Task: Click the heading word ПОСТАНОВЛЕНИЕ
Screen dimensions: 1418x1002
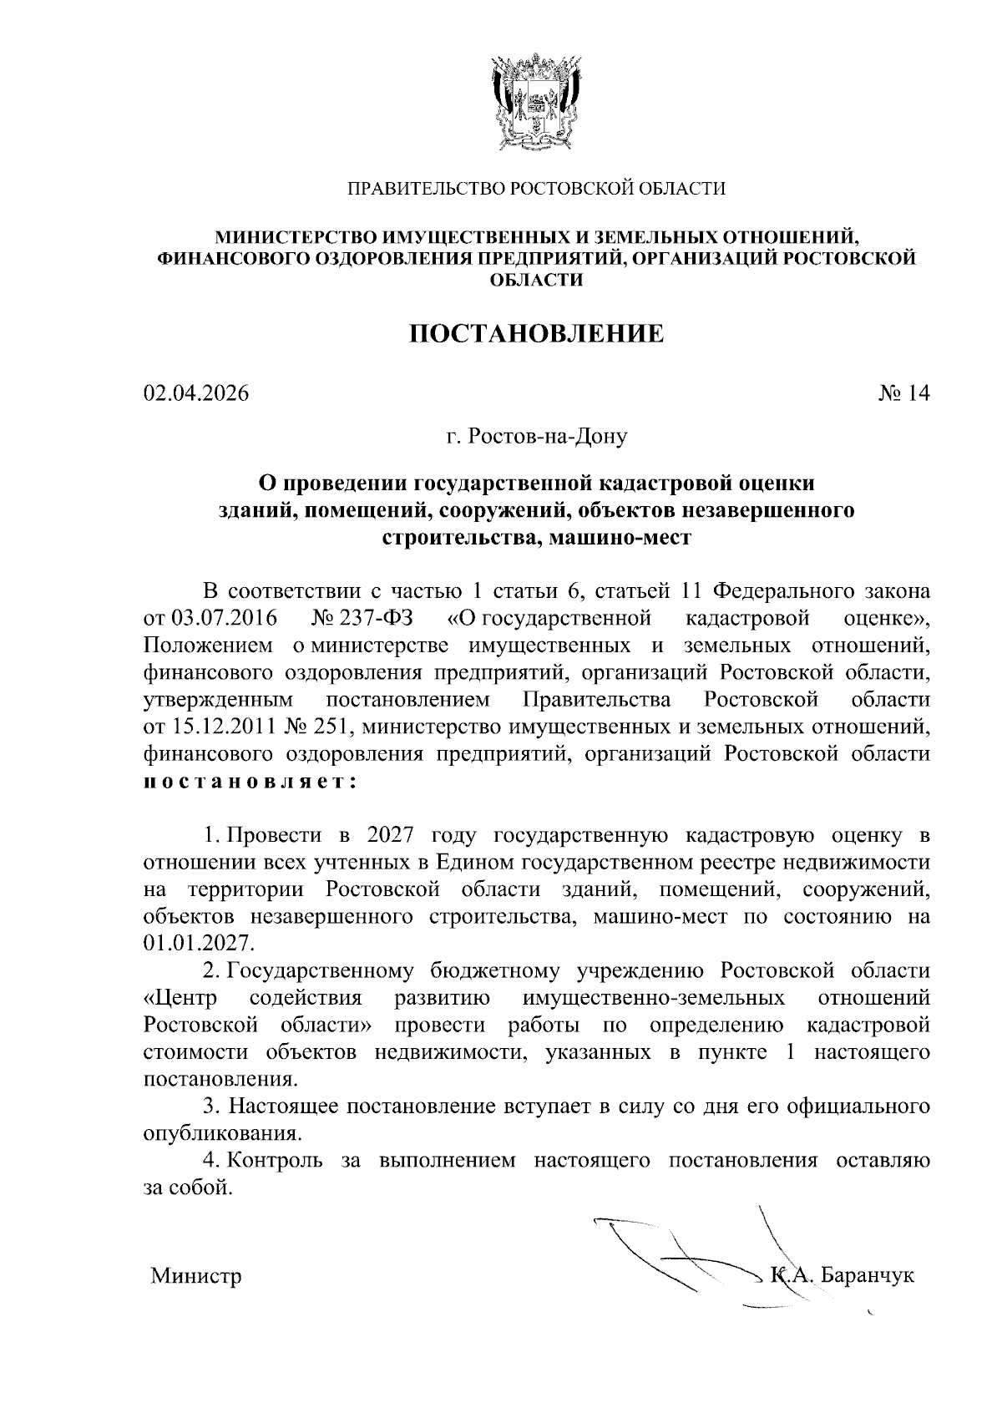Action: click(536, 334)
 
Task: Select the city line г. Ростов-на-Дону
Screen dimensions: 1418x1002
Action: click(536, 435)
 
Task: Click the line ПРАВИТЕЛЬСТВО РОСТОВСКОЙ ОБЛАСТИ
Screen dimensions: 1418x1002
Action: click(536, 189)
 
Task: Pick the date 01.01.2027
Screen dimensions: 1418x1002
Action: click(197, 943)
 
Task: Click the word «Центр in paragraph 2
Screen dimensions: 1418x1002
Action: click(180, 997)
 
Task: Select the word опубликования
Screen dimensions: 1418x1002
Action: click(221, 1133)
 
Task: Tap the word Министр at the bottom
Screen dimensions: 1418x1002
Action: click(196, 1276)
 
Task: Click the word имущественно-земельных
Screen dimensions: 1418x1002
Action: click(654, 997)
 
